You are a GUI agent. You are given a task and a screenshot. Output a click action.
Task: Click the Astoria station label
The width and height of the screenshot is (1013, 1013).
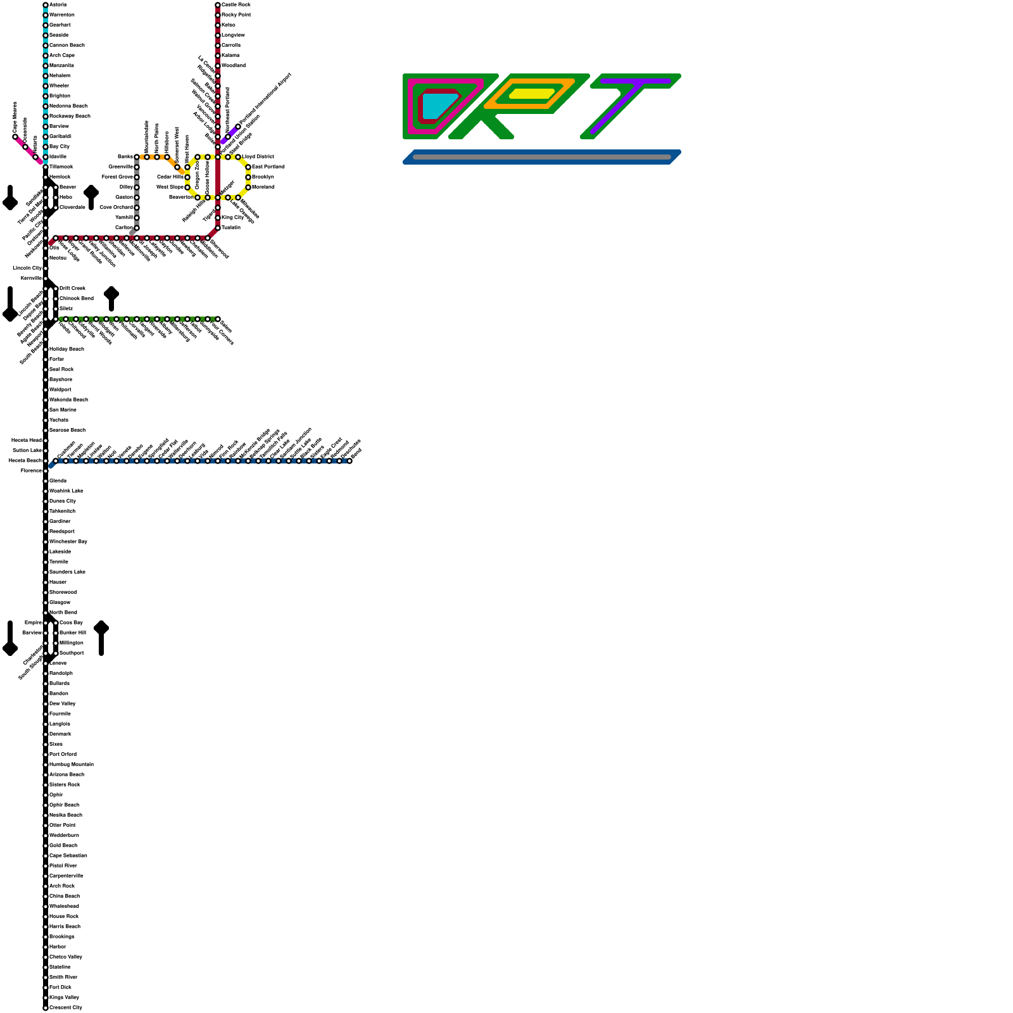[58, 4]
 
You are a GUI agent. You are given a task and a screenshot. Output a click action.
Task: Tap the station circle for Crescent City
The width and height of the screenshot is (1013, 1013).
[46, 1007]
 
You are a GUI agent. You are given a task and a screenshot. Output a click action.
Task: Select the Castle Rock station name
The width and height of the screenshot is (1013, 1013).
[236, 4]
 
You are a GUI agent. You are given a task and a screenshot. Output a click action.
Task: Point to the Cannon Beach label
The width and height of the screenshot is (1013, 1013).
[66, 45]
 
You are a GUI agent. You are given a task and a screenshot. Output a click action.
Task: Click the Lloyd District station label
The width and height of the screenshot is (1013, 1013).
[258, 156]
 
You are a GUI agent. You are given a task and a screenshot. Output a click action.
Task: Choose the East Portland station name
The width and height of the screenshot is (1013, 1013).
[268, 167]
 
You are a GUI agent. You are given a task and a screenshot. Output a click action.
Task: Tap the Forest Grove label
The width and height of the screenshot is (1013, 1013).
[117, 177]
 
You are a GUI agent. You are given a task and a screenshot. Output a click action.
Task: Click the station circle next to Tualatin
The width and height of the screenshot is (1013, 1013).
[218, 227]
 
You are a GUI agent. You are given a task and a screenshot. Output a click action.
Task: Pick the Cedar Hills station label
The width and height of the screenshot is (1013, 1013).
[170, 177]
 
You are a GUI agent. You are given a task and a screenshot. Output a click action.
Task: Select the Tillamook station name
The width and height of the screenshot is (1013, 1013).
[61, 167]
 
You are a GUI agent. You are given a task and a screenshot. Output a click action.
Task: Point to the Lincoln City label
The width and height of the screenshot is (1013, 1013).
[27, 268]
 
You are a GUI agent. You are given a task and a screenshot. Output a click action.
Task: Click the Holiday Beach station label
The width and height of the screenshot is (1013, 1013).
[66, 349]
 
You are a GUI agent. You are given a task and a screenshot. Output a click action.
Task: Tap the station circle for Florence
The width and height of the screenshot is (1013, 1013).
[46, 470]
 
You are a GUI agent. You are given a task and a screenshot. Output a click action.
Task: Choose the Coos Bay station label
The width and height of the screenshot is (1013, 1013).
[71, 622]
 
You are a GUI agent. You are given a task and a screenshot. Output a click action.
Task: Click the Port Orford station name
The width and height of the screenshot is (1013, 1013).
[63, 754]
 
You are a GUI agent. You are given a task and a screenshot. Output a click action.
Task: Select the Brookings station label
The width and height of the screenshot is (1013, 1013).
[61, 936]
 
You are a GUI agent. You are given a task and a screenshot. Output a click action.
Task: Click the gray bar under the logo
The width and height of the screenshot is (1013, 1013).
[541, 157]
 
